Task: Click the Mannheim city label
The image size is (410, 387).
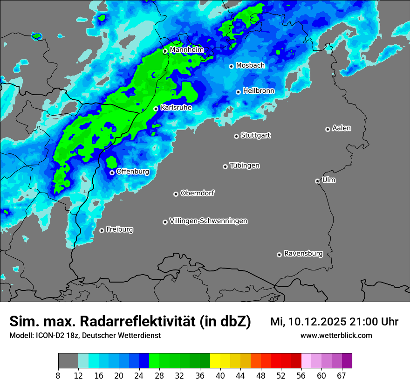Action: pyautogui.click(x=187, y=50)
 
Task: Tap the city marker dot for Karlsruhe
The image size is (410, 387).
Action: pyautogui.click(x=156, y=109)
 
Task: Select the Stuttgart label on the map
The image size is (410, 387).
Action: pyautogui.click(x=255, y=136)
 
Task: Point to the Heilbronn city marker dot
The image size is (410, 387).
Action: pyautogui.click(x=238, y=92)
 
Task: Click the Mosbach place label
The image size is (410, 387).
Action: pyautogui.click(x=250, y=66)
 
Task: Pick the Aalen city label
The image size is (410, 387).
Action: pyautogui.click(x=342, y=128)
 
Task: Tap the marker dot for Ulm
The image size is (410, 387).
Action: pyautogui.click(x=317, y=181)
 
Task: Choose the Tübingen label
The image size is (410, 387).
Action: pyautogui.click(x=245, y=166)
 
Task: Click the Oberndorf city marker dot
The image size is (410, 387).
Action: pyautogui.click(x=176, y=194)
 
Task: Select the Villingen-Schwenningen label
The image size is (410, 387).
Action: pyautogui.click(x=208, y=221)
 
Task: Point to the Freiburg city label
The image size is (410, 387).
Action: pyautogui.click(x=119, y=229)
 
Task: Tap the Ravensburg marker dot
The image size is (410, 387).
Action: pyautogui.click(x=279, y=255)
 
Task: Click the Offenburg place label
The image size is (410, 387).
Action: pyautogui.click(x=133, y=172)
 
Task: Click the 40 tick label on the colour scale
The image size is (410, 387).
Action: pyautogui.click(x=220, y=376)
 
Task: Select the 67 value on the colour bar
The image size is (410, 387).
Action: pyautogui.click(x=342, y=376)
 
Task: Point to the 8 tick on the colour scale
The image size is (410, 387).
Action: pyautogui.click(x=58, y=376)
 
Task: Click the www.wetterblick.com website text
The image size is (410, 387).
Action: pyautogui.click(x=336, y=336)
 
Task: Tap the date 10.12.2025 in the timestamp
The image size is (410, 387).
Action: pyautogui.click(x=314, y=322)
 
